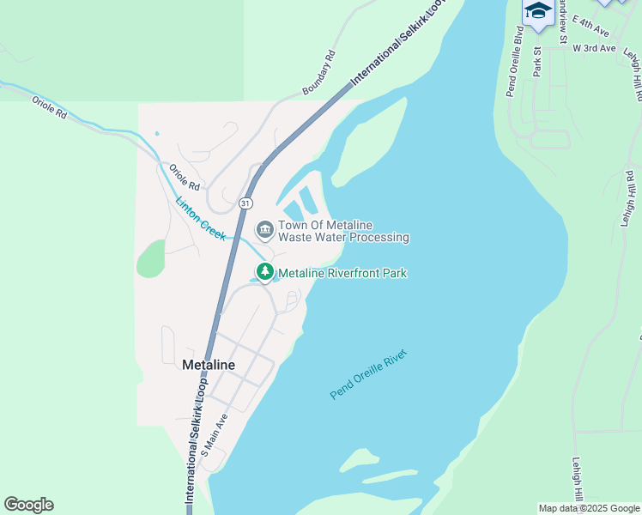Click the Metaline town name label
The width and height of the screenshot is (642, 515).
[209, 365]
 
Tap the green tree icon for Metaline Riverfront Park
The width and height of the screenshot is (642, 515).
[265, 273]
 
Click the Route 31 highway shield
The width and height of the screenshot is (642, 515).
[246, 203]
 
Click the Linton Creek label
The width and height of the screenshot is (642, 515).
[200, 219]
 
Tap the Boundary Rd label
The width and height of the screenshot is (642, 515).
[319, 72]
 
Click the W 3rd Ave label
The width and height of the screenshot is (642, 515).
[595, 48]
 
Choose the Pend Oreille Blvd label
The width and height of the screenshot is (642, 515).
[515, 61]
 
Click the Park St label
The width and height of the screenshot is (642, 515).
[538, 62]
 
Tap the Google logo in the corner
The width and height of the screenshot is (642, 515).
[28, 505]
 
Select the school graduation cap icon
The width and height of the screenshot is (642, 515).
[538, 11]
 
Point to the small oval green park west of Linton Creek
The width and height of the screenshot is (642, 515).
[150, 258]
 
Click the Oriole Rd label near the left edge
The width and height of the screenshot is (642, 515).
[49, 112]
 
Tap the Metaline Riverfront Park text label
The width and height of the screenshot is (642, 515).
[342, 273]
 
